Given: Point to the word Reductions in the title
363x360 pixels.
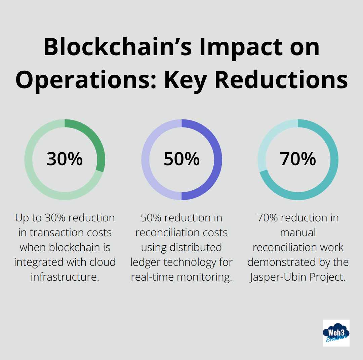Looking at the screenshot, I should coord(281,80).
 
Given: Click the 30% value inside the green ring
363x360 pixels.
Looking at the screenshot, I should coord(65,159).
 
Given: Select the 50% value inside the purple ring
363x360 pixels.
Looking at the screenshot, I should coord(182,159).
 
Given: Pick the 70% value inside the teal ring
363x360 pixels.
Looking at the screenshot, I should coord(298,159).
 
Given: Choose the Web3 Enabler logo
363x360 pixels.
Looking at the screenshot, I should coord(336,333).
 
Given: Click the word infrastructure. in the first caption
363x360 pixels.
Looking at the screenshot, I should coord(65,277).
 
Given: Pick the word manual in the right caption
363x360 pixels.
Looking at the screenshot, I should coord(298,232).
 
